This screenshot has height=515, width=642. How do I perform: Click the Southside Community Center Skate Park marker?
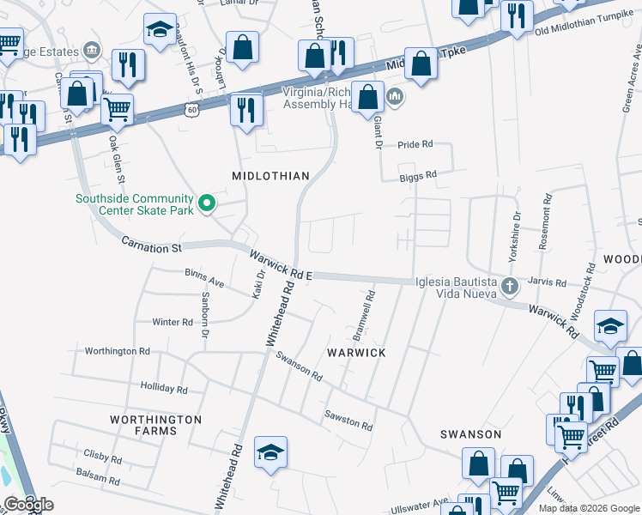pyautogui.click(x=207, y=203)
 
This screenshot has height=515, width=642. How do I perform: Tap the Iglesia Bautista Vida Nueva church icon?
pyautogui.click(x=509, y=286)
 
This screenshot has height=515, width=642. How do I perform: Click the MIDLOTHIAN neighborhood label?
pyautogui.click(x=270, y=176)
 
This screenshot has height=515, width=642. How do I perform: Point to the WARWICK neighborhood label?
pyautogui.click(x=356, y=353)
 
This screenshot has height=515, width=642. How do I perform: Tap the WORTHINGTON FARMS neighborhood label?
pyautogui.click(x=155, y=426)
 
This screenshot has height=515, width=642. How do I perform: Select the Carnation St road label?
pyautogui.click(x=152, y=245)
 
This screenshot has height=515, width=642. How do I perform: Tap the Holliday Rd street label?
pyautogui.click(x=163, y=388)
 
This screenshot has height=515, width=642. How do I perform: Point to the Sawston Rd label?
pyautogui.click(x=348, y=420)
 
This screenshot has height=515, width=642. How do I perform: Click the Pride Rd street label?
pyautogui.click(x=415, y=145)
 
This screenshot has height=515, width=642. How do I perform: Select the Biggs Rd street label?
pyautogui.click(x=418, y=175)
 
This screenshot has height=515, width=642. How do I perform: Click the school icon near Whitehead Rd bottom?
pyautogui.click(x=270, y=452)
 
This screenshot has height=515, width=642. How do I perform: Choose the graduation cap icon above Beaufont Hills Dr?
pyautogui.click(x=159, y=30)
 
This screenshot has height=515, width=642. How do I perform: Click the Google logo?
pyautogui.click(x=28, y=505)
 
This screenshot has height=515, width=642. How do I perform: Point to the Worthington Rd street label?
pyautogui.click(x=117, y=351)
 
